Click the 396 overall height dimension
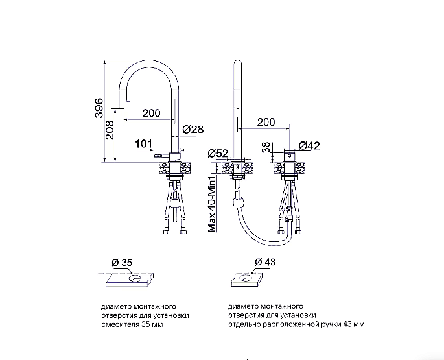[x=99, y=108]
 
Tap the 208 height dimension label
[x=110, y=130]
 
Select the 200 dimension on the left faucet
[x=151, y=113]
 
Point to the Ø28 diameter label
[x=193, y=130]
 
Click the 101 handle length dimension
[x=143, y=144]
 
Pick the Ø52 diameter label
[x=218, y=153]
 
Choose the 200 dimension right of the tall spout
[x=266, y=122]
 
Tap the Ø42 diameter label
[x=309, y=145]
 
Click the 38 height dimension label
[x=266, y=147]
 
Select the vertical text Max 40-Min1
[x=212, y=204]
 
